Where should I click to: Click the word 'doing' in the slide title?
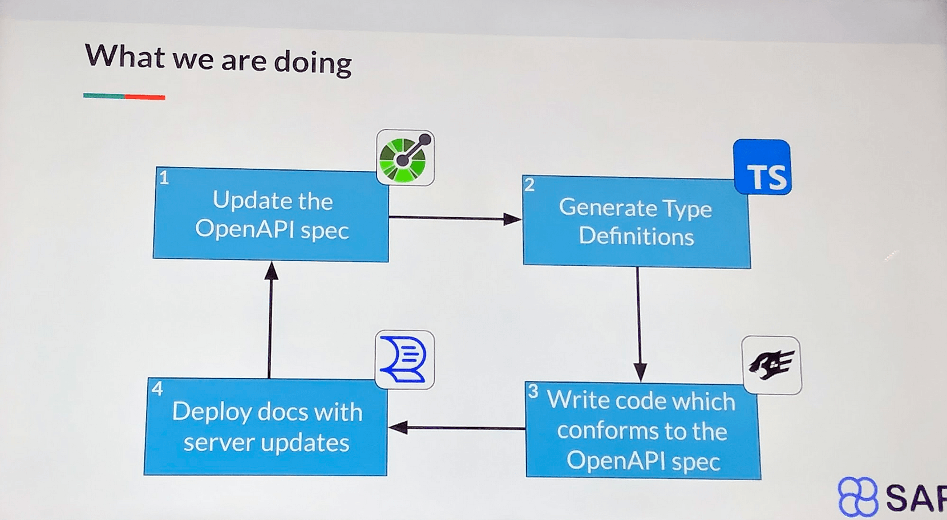(x=313, y=62)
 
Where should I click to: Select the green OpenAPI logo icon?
(x=405, y=157)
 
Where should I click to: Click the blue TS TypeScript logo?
(x=762, y=167)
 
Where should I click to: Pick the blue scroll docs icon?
(x=404, y=360)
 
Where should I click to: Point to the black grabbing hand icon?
(x=771, y=365)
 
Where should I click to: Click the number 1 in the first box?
(x=164, y=178)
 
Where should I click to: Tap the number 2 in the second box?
(x=529, y=185)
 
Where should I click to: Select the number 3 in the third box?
(x=533, y=391)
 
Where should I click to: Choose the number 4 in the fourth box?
(x=157, y=389)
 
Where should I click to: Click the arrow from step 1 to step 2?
(x=455, y=218)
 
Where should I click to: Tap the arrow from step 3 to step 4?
(x=456, y=428)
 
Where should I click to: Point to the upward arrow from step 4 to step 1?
(x=270, y=319)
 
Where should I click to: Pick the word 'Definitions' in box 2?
(x=636, y=236)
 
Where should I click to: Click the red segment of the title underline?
(x=145, y=97)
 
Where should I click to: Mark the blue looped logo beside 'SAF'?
(x=857, y=497)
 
